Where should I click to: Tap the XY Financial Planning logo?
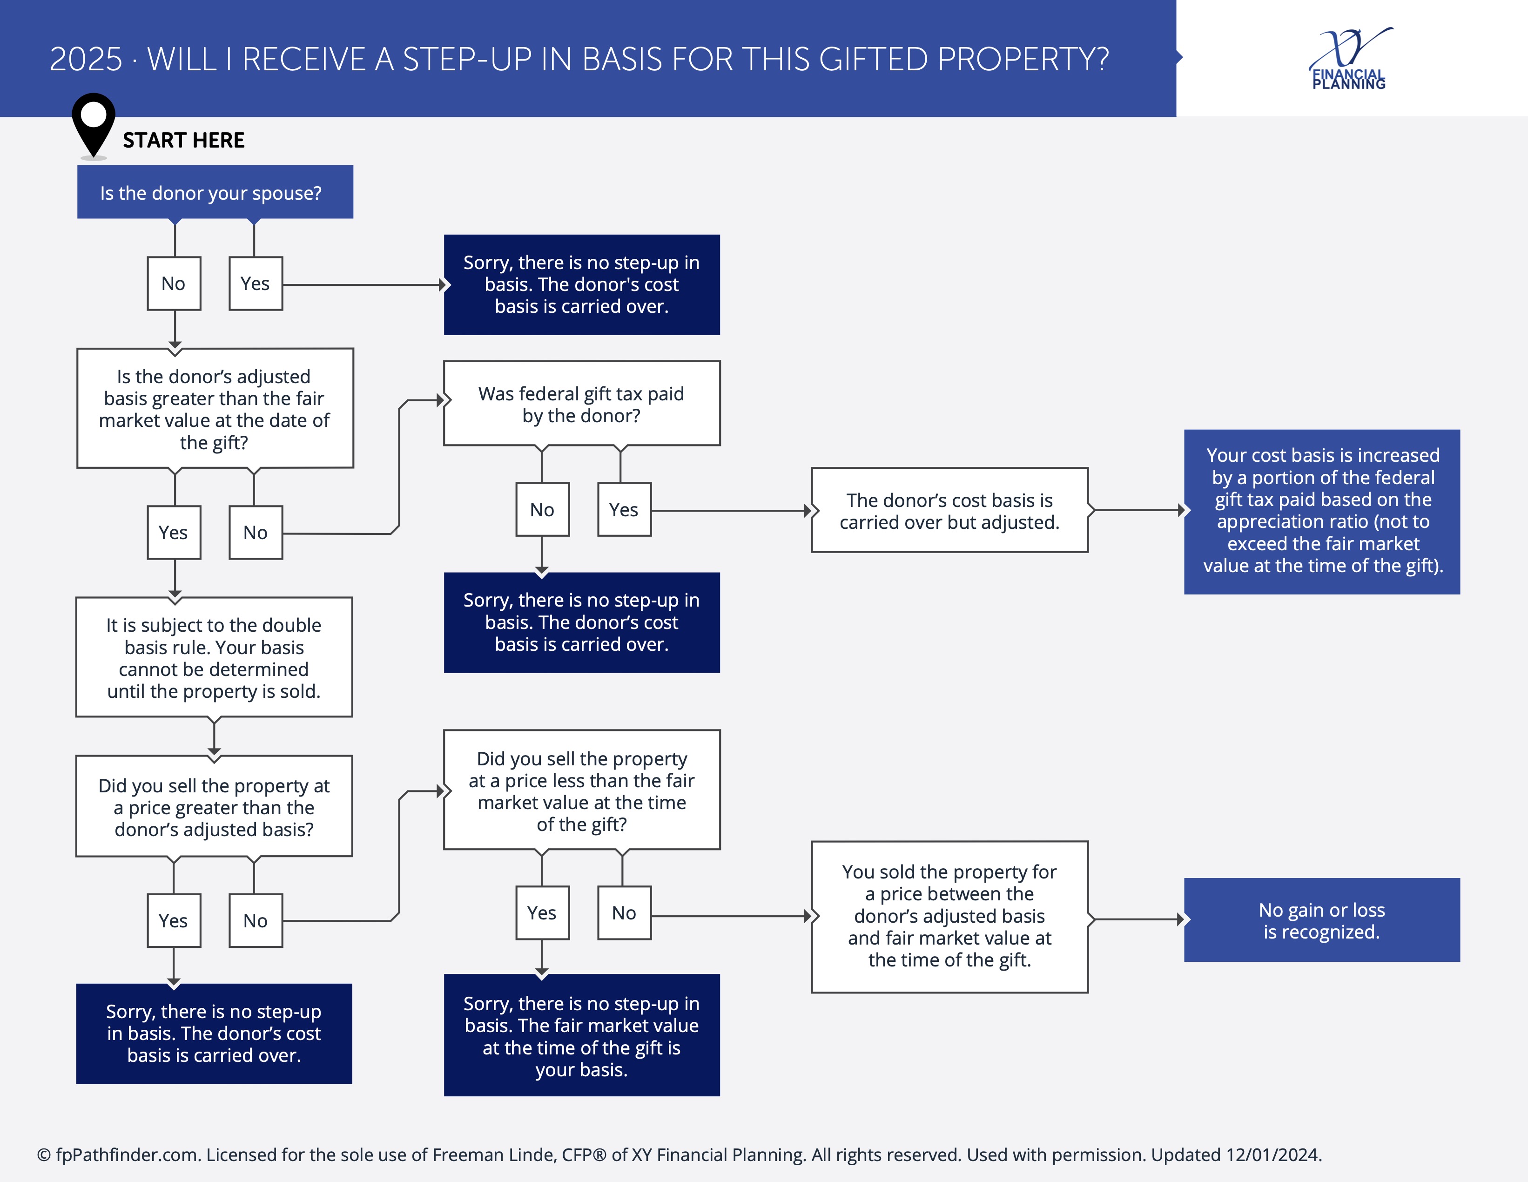1350,60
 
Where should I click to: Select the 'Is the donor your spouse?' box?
215,192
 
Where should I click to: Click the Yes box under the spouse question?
256,284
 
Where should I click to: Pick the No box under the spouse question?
174,284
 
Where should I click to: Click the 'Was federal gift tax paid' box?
581,404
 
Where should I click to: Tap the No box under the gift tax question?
542,509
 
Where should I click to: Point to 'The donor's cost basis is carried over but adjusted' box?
949,511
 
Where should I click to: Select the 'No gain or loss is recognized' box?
1322,920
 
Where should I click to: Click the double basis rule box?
214,657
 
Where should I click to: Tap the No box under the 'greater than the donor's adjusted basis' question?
256,921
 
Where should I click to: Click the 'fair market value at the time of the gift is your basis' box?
581,1036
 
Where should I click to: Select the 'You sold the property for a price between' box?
949,917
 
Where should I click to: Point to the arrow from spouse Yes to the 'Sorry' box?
364,285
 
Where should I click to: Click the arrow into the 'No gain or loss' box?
1137,919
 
